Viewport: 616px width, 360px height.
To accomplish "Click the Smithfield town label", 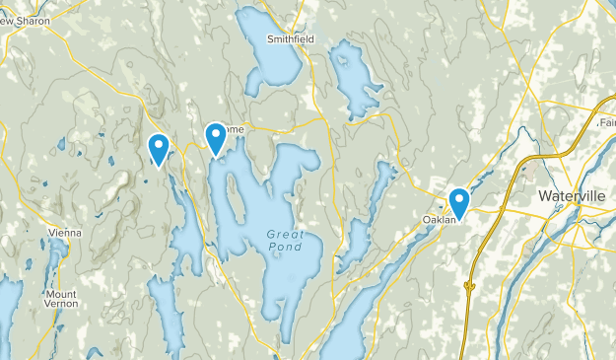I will (x=292, y=39).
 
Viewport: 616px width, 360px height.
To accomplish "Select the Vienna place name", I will (x=64, y=233).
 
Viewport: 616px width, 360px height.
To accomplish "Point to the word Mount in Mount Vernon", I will (x=61, y=294).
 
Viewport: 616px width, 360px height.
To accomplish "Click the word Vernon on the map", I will (x=61, y=307).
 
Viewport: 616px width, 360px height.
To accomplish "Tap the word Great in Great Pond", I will (x=280, y=234).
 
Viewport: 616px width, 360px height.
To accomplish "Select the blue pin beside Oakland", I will (x=458, y=202).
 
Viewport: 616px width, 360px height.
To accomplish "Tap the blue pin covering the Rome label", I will (x=216, y=137).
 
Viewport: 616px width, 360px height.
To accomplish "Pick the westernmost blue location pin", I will (x=158, y=148).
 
